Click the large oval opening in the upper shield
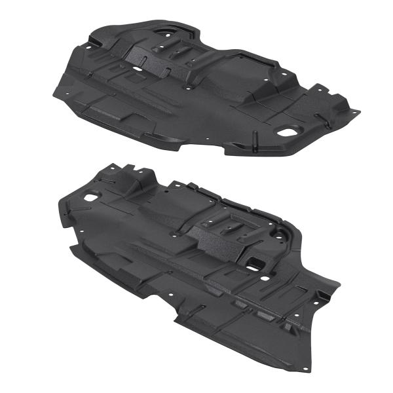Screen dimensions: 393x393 coord(287,131)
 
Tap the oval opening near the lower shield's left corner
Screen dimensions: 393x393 coord(90,195)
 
